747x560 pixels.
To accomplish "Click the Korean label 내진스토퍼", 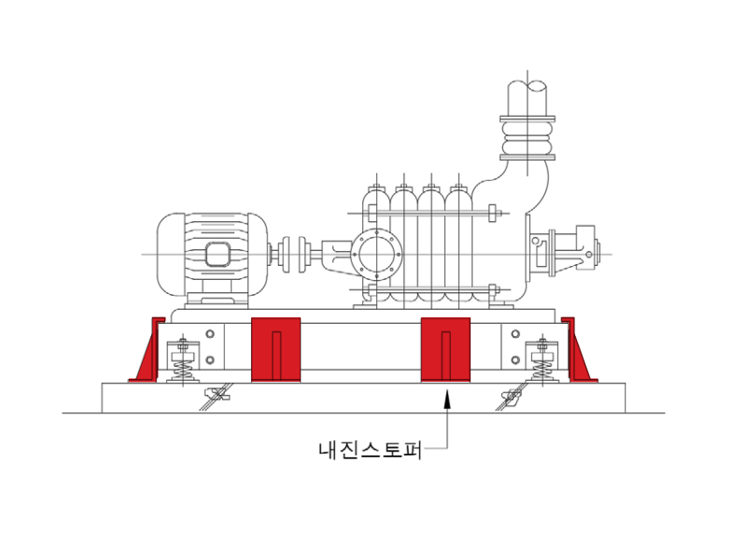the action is (x=370, y=450).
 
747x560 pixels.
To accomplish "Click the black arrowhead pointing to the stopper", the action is (x=446, y=399).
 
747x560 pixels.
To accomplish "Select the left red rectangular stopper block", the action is (x=275, y=349).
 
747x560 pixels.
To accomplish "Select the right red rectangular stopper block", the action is (x=446, y=349).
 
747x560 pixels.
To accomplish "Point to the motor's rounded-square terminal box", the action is (x=218, y=254).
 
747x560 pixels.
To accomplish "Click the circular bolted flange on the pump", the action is (x=377, y=254).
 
